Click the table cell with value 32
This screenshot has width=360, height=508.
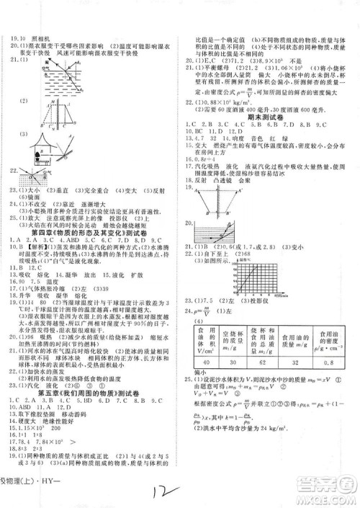tap(297, 362)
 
